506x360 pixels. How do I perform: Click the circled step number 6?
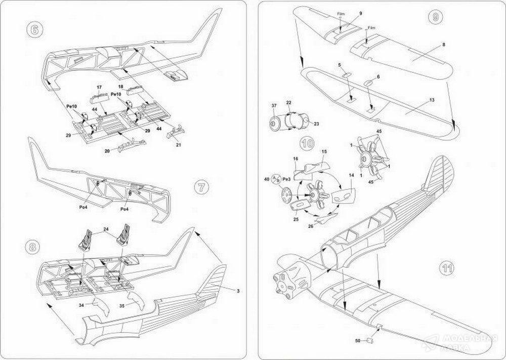[x=35, y=29]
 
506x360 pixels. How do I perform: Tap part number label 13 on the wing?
[x=432, y=101]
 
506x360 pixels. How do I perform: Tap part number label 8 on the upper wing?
[x=443, y=45]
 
